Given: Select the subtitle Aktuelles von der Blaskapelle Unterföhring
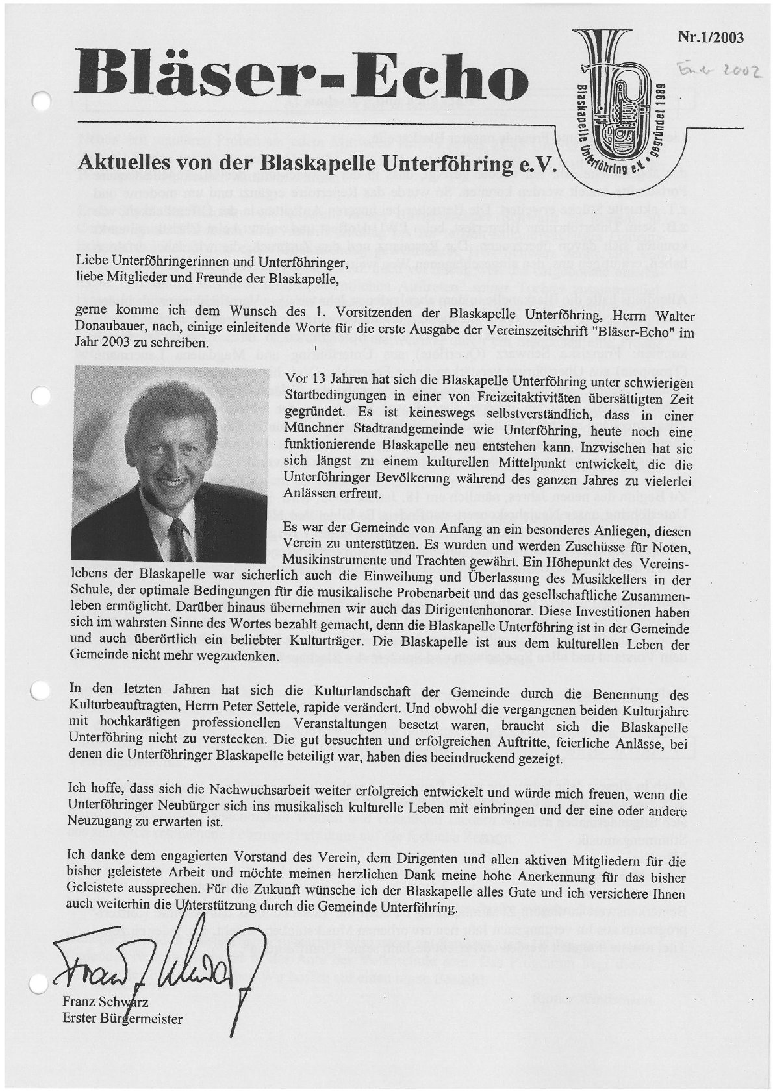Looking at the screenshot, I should [x=318, y=162].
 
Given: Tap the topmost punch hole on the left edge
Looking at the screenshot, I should [x=40, y=101].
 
